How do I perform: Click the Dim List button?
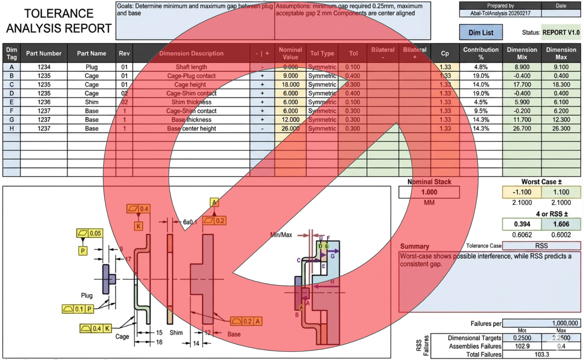pos(480,32)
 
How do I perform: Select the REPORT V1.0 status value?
pos(561,32)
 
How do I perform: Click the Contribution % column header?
pos(480,53)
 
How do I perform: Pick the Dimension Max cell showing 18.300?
pos(561,84)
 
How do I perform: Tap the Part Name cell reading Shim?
pos(91,102)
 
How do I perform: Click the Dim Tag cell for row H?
pos(11,129)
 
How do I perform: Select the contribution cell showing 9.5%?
pos(480,111)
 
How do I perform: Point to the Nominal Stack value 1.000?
pos(429,192)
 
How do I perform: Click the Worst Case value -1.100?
pos(522,192)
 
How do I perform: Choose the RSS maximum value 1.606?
pos(561,224)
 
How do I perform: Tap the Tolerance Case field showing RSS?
pos(541,246)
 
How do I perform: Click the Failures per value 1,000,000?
pos(541,323)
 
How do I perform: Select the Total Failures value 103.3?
pos(541,354)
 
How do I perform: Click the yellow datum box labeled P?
pos(83,251)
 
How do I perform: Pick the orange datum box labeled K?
pos(138,226)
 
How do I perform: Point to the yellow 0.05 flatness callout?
pos(90,233)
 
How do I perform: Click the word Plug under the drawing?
pos(87,295)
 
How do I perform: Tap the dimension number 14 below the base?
pos(196,343)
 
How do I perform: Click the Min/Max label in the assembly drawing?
pos(281,235)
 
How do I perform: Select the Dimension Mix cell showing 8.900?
pos(522,67)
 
